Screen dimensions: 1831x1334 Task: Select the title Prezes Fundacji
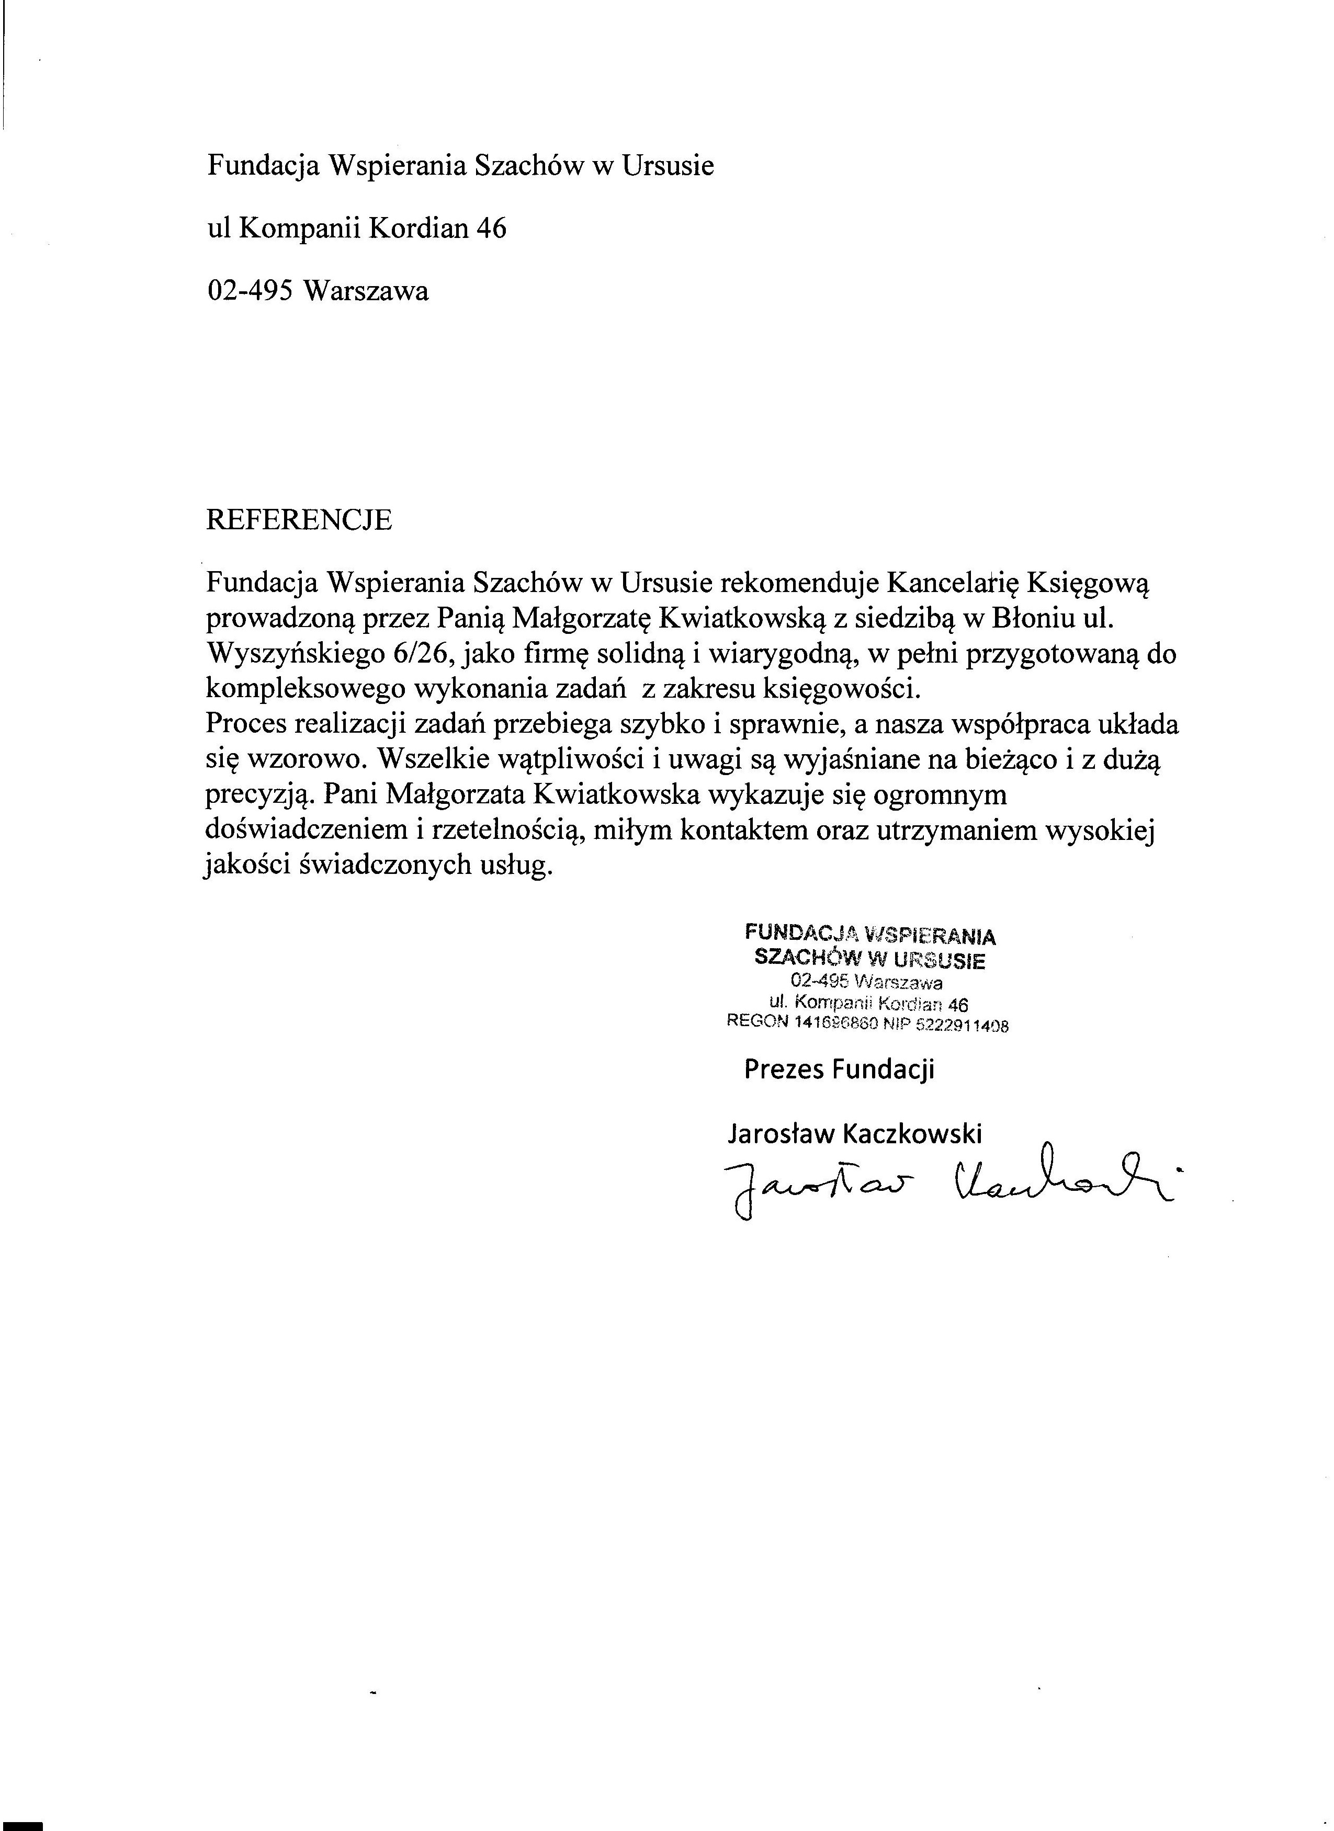pos(839,1070)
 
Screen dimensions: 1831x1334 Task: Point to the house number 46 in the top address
pos(491,229)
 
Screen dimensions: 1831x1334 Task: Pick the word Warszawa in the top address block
pos(366,291)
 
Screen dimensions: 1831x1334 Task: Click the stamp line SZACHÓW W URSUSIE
pos(869,960)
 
